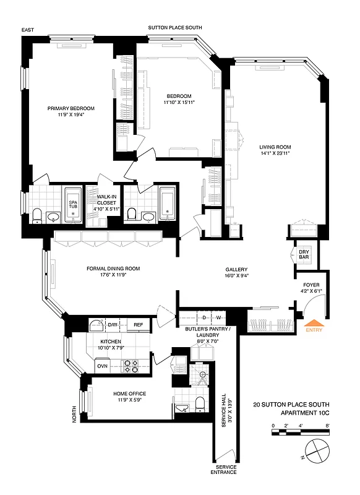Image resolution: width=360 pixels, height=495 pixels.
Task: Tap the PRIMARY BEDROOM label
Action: pos(69,108)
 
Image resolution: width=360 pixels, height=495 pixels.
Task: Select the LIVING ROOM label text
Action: pos(275,147)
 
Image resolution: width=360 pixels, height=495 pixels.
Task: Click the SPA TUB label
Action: pos(72,202)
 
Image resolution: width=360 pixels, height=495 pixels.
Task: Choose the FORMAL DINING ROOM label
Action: pos(112,269)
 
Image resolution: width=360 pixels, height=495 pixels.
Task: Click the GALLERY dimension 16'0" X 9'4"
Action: pos(236,277)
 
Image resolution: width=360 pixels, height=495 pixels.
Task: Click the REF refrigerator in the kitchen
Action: pos(139,325)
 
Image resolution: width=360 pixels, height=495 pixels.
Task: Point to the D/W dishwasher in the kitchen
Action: pos(113,325)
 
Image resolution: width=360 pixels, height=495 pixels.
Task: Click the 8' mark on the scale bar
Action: pos(327,425)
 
